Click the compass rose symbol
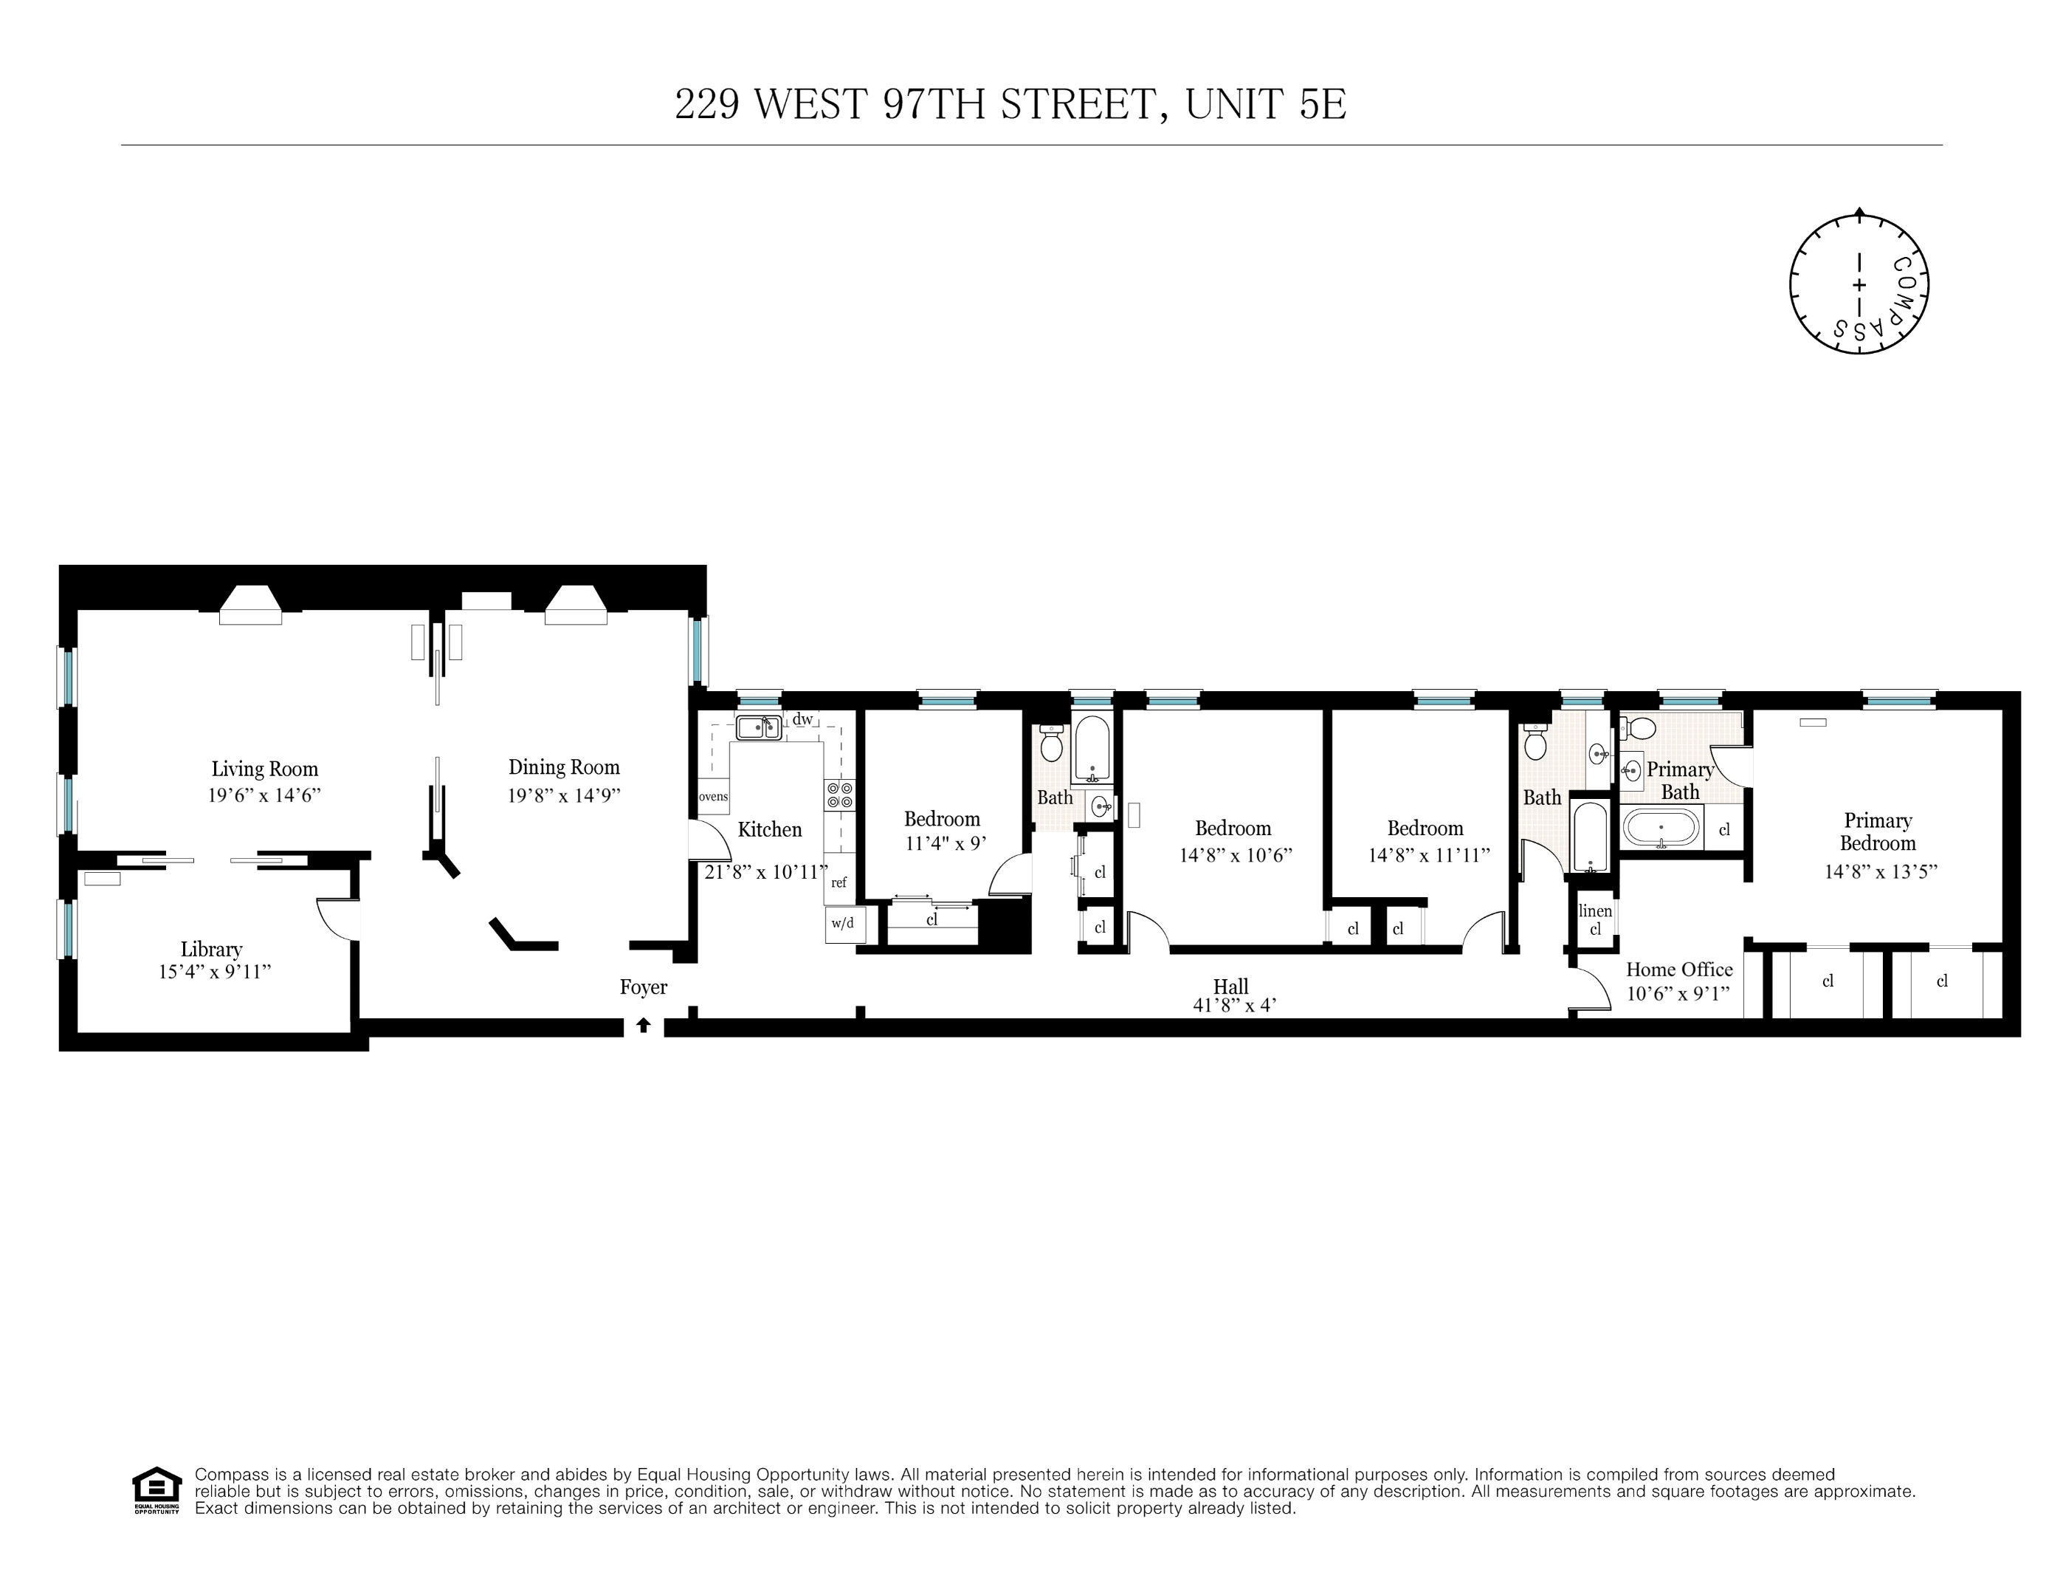point(1858,284)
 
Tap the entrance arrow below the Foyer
point(644,1024)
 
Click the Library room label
point(212,949)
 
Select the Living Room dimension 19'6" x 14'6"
point(264,795)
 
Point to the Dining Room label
point(564,767)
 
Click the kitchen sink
point(759,727)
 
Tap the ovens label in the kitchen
point(713,797)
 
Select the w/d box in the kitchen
point(843,923)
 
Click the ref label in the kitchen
point(838,882)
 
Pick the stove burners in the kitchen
point(838,795)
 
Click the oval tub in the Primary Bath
point(1661,829)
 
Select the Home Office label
point(1678,970)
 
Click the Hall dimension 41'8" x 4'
point(1235,1006)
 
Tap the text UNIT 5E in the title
point(1265,104)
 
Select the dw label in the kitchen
point(802,719)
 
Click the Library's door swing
point(337,919)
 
